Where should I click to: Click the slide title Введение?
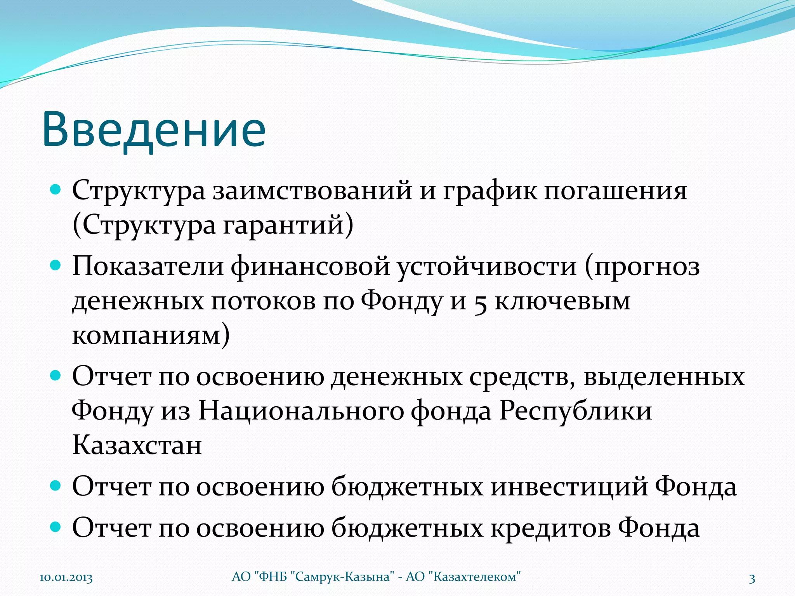tap(154, 129)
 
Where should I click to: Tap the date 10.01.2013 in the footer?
tap(66, 578)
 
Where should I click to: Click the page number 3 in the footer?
tap(752, 579)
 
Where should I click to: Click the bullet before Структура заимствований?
tap(56, 190)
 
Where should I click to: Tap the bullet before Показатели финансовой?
tap(56, 265)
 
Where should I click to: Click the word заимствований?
tap(312, 191)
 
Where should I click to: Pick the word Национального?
tap(301, 411)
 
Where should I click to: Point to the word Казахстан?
tap(137, 445)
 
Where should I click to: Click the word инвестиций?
tap(569, 487)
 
